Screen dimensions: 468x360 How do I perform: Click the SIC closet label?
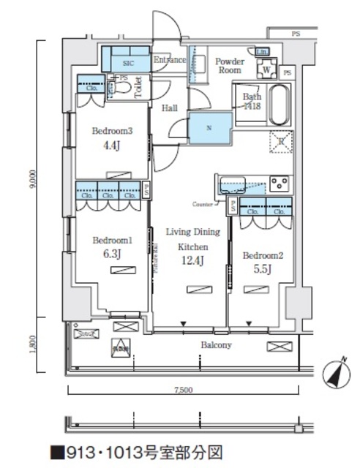126,64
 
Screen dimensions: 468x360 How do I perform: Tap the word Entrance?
169,60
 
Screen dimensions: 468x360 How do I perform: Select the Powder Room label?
229,67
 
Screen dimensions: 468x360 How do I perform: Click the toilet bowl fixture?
124,88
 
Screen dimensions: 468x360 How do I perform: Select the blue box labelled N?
209,129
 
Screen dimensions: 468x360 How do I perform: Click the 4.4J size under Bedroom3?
110,146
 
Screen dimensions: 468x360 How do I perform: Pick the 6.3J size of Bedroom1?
110,253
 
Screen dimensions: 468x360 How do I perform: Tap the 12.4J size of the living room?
193,260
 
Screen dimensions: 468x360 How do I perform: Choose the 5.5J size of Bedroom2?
260,268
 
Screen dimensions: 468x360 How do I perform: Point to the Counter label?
202,203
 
